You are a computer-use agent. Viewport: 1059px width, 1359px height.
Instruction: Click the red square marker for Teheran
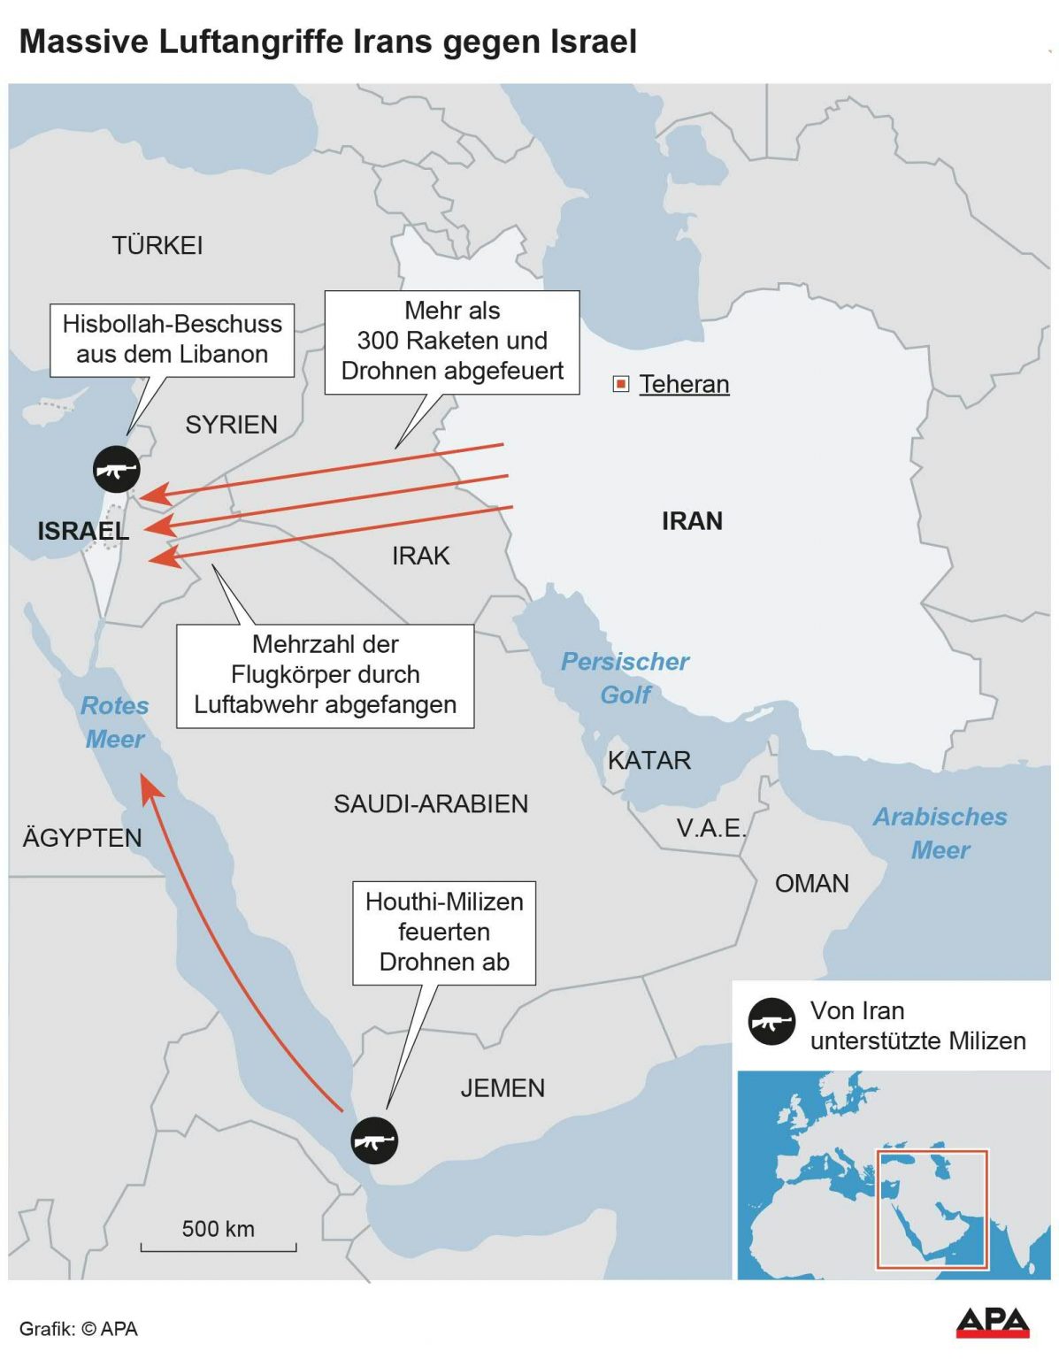point(621,384)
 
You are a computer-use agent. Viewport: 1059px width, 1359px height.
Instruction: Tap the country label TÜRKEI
point(157,245)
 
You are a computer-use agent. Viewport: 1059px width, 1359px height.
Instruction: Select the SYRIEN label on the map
point(231,425)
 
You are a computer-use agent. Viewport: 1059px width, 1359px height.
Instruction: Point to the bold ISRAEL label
point(83,531)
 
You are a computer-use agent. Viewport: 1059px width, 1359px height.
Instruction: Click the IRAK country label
point(421,556)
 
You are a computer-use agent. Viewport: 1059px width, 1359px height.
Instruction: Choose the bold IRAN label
point(692,521)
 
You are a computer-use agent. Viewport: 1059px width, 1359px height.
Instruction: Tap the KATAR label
point(648,760)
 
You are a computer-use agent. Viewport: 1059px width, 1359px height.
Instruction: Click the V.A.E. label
point(711,828)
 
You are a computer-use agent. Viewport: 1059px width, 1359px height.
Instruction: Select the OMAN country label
point(811,883)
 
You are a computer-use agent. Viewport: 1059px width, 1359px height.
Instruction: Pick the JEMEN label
point(503,1087)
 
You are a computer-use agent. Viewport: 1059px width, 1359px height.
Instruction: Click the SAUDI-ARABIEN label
point(431,803)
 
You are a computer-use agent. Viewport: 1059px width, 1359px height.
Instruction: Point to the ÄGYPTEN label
point(82,838)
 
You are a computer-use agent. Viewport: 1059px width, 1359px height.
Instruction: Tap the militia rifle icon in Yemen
point(374,1140)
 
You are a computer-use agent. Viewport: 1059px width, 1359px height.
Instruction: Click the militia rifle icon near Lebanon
point(117,469)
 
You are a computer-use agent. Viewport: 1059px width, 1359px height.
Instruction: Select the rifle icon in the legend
point(771,1023)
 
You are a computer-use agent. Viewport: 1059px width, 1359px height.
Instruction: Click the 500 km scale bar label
point(219,1229)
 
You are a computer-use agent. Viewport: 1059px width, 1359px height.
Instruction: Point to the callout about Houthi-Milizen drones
point(444,932)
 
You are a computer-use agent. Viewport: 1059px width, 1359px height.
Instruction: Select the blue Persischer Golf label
point(625,678)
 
